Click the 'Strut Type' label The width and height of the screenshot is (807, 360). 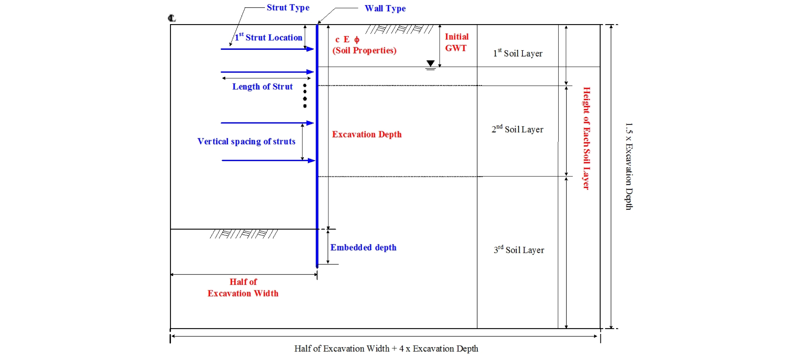tap(288, 8)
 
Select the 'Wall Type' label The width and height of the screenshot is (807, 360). tap(385, 8)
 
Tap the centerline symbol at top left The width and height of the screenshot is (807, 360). tap(172, 18)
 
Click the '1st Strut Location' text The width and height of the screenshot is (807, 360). tap(268, 37)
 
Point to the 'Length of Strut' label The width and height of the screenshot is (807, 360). tap(262, 87)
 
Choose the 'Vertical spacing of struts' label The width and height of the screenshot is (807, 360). tap(246, 141)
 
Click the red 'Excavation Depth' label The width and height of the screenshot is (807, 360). tap(367, 135)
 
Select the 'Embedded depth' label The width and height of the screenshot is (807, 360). tap(363, 247)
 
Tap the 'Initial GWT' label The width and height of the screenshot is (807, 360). tap(456, 42)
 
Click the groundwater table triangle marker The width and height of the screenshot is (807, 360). tap(430, 63)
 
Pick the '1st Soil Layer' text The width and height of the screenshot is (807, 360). tap(518, 53)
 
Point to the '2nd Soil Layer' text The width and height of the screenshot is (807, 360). tap(517, 129)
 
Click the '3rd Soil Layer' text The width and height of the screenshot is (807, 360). tap(519, 250)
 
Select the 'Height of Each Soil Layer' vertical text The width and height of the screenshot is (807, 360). tap(586, 138)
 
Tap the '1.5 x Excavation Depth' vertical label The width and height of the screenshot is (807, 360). tap(629, 166)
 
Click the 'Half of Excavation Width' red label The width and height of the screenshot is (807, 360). tap(243, 288)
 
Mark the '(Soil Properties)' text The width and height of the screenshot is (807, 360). tap(364, 51)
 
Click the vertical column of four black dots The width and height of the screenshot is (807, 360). tap(305, 96)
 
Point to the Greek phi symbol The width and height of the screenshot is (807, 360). tap(356, 39)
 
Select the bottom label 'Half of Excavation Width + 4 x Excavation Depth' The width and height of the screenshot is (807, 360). tap(386, 349)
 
